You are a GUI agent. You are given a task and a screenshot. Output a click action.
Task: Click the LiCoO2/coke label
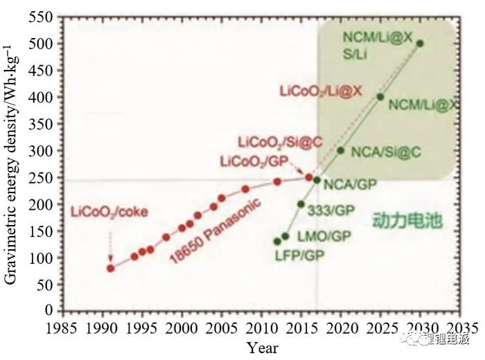click(x=109, y=209)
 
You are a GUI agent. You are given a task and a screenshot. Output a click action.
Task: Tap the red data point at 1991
click(x=111, y=268)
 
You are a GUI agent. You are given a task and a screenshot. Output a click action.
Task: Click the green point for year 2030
click(x=420, y=43)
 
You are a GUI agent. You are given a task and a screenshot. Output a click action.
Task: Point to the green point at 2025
click(x=380, y=97)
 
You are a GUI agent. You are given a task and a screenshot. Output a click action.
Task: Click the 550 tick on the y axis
click(x=51, y=15)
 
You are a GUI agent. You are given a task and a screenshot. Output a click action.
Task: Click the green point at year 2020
click(x=341, y=150)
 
